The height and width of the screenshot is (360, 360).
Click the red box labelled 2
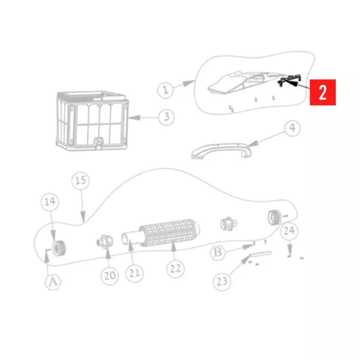click(x=323, y=92)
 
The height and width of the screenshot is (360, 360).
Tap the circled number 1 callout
click(x=165, y=90)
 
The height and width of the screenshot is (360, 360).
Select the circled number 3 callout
click(x=166, y=117)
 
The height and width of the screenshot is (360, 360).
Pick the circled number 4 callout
click(x=292, y=128)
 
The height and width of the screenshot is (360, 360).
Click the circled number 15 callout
click(x=81, y=181)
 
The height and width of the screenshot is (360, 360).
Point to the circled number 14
click(x=50, y=202)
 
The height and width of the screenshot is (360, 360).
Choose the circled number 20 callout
click(x=110, y=276)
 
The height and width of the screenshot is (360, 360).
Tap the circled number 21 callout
click(x=135, y=273)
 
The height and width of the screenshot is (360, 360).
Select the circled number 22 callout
click(x=175, y=269)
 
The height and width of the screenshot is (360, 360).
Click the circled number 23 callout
click(x=222, y=282)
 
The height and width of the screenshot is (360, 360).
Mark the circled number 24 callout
click(x=289, y=231)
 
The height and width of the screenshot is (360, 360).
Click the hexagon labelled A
click(x=53, y=282)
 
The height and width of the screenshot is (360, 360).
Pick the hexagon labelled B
click(x=218, y=252)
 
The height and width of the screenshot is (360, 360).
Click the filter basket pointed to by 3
click(x=92, y=121)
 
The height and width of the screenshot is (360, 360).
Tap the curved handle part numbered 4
click(x=221, y=150)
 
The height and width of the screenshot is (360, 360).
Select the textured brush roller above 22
click(x=169, y=233)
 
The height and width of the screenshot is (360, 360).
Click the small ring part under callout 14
click(x=58, y=248)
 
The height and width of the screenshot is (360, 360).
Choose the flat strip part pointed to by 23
click(x=261, y=254)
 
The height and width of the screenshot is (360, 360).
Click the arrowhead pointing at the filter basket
click(x=134, y=118)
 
